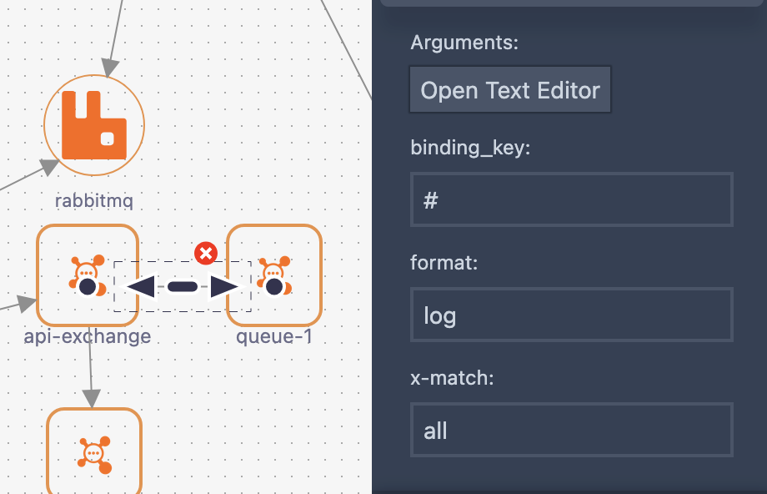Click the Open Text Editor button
(x=510, y=90)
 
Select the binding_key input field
(x=571, y=200)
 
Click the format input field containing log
(x=571, y=315)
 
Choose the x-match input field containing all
(x=571, y=431)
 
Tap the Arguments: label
(x=464, y=43)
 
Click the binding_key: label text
(x=470, y=148)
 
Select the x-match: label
(x=453, y=378)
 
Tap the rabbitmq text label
(x=93, y=200)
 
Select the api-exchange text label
(x=88, y=336)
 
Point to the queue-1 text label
(x=273, y=336)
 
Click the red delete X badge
(x=205, y=253)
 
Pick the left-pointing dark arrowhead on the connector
(x=140, y=287)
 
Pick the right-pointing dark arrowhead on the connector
(x=224, y=287)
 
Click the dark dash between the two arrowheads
(x=182, y=287)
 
